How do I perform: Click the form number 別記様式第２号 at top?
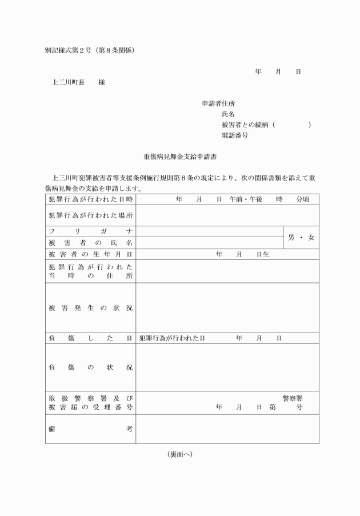[69, 50]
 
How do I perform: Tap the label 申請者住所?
[218, 103]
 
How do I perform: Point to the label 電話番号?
[234, 135]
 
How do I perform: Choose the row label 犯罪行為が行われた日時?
[90, 199]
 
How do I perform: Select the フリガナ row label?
[90, 231]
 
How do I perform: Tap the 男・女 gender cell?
[301, 237]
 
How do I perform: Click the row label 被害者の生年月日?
[90, 254]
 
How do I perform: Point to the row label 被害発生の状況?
[90, 308]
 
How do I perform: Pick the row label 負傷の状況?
[90, 367]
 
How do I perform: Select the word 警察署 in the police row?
[292, 398]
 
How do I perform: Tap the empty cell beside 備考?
[227, 429]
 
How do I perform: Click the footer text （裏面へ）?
[179, 454]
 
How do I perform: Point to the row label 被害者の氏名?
[90, 243]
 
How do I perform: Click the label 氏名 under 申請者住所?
[228, 114]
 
